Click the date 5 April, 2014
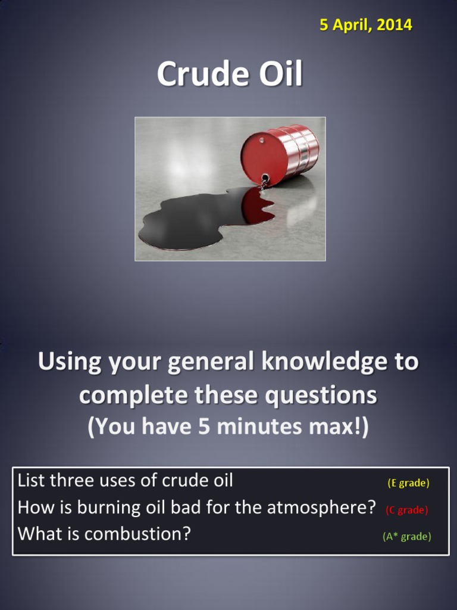click(x=365, y=25)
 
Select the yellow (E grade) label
click(x=408, y=483)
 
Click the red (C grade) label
click(x=407, y=510)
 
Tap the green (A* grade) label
click(x=407, y=536)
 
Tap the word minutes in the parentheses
click(x=274, y=427)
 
